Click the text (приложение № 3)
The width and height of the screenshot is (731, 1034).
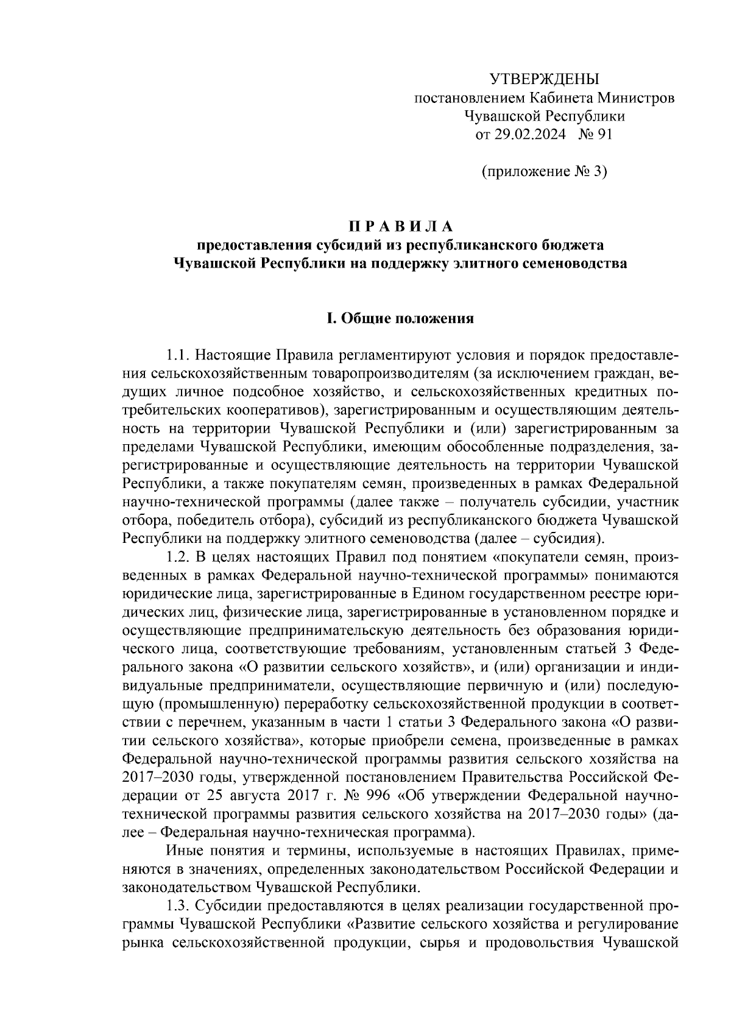pyautogui.click(x=544, y=172)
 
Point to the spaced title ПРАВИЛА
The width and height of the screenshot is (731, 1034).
pyautogui.click(x=400, y=227)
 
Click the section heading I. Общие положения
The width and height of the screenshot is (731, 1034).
pyautogui.click(x=400, y=319)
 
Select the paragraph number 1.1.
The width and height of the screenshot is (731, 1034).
pyautogui.click(x=179, y=355)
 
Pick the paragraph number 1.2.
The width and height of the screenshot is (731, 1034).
pyautogui.click(x=179, y=557)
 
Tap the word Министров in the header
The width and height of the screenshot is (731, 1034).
pyautogui.click(x=637, y=97)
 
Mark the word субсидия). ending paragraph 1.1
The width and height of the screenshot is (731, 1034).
pyautogui.click(x=569, y=539)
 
